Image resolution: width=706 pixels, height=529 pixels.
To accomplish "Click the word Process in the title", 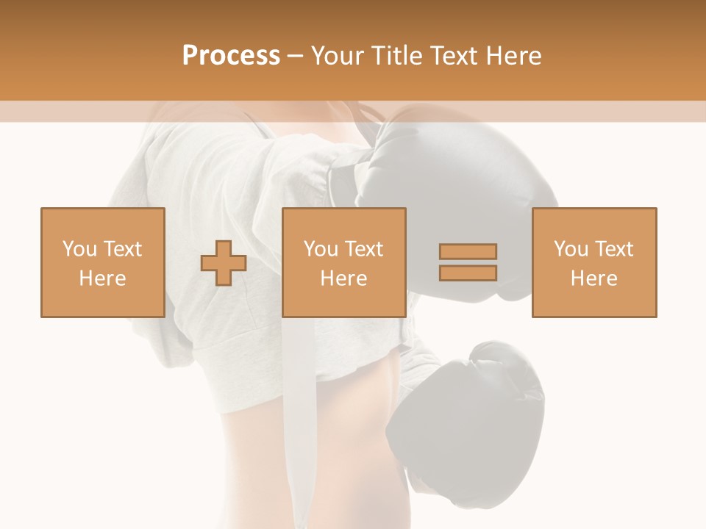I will [x=231, y=56].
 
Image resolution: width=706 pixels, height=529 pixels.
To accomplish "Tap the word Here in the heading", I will [x=513, y=56].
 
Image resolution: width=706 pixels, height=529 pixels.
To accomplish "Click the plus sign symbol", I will [x=224, y=263].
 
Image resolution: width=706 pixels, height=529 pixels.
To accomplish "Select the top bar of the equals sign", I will [x=468, y=252].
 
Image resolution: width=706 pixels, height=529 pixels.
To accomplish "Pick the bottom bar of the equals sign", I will [x=468, y=273].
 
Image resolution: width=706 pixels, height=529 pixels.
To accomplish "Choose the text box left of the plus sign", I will [x=103, y=262].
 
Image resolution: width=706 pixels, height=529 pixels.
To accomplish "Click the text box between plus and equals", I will [x=344, y=262].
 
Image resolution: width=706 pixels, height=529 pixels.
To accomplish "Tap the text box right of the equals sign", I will [x=594, y=262].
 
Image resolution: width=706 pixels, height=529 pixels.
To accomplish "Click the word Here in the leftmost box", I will [x=103, y=278].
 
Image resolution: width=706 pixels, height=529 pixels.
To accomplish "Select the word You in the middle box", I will [x=321, y=249].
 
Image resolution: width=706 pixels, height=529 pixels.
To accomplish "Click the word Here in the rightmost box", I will [x=594, y=278].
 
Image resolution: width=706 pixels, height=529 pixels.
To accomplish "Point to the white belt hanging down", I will [x=302, y=411].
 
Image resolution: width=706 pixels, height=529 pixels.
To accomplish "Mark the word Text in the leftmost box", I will [x=124, y=249].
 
